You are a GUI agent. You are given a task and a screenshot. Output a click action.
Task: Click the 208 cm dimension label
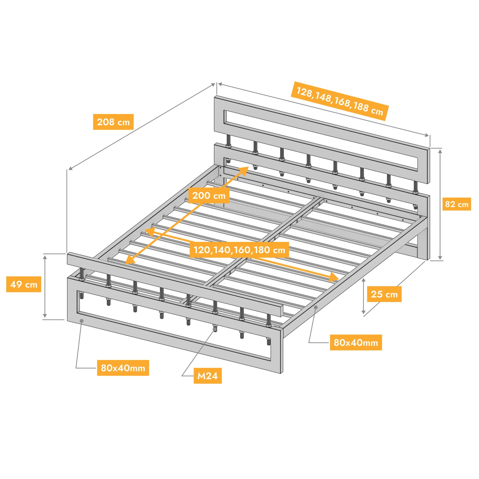tap(113, 122)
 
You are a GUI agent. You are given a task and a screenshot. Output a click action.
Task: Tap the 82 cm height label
tap(457, 204)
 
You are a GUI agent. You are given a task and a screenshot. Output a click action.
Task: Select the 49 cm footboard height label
tap(24, 284)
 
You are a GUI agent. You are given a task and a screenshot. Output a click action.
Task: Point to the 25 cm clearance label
tap(384, 294)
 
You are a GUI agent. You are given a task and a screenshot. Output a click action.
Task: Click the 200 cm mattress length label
tap(209, 195)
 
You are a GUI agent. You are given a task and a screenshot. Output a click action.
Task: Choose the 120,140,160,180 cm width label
tap(239, 250)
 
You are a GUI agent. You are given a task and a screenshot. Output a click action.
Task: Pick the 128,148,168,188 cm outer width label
tap(340, 101)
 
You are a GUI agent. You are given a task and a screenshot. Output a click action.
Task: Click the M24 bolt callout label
tap(208, 376)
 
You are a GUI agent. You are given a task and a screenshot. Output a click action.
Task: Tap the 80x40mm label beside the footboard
tap(123, 368)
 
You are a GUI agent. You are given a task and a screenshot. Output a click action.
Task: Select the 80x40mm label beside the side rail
tap(356, 342)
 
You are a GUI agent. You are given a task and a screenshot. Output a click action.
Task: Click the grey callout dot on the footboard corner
tap(82, 321)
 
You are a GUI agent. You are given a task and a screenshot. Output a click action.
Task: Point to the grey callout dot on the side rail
tap(316, 307)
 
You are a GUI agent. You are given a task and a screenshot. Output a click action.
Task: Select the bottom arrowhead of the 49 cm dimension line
tap(45, 316)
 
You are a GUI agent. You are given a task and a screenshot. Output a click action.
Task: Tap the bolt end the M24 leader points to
tap(215, 329)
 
